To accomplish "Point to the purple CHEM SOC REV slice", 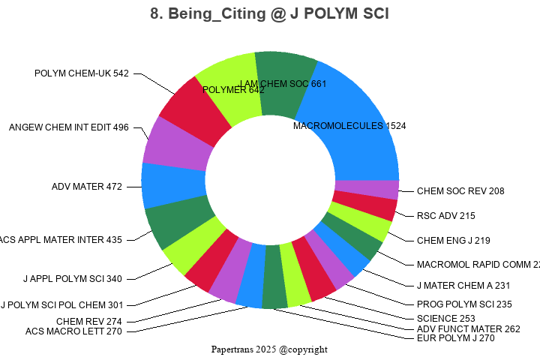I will tap(367, 189).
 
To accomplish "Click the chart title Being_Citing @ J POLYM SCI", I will tap(269, 13).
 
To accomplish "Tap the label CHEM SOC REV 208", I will tap(460, 191).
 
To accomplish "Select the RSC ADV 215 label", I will tap(446, 216).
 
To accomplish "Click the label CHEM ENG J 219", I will tap(453, 241).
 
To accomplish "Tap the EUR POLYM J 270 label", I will tap(455, 338).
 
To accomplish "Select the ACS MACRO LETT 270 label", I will tap(73, 331).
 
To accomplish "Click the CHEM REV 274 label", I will tap(88, 321).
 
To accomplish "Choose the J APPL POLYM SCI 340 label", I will tap(72, 279).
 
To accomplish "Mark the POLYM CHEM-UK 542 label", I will tap(82, 73).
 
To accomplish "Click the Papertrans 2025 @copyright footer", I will tap(269, 349).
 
